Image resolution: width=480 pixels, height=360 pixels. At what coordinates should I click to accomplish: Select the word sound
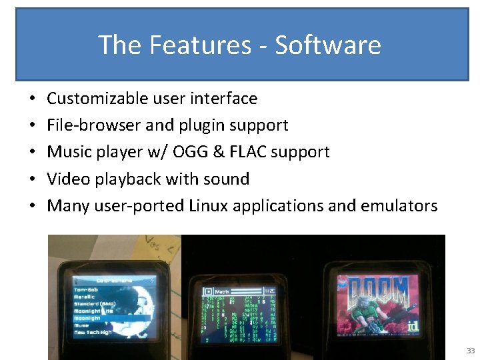pyautogui.click(x=227, y=179)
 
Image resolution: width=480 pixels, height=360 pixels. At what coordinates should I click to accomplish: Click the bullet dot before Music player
pyautogui.click(x=32, y=153)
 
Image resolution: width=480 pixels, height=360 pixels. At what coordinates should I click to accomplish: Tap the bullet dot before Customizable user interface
pyautogui.click(x=32, y=99)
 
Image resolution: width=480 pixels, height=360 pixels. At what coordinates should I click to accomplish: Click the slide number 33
pyautogui.click(x=471, y=351)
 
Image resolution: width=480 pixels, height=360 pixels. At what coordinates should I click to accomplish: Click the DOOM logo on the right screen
pyautogui.click(x=377, y=291)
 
